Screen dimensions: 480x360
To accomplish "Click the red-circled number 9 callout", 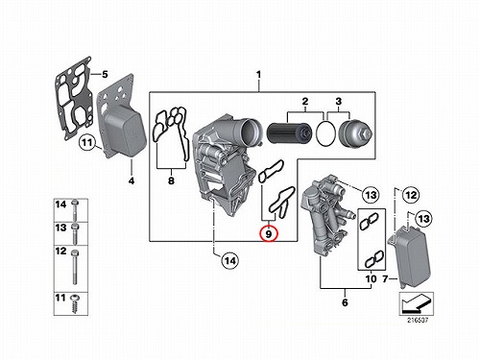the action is pyautogui.click(x=269, y=233).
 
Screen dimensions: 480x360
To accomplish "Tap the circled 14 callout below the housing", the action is pyautogui.click(x=230, y=261).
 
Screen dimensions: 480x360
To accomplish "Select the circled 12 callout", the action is pyautogui.click(x=411, y=195).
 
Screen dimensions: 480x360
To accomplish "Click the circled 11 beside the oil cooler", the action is pyautogui.click(x=87, y=142).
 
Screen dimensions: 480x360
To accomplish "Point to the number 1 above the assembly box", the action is pyautogui.click(x=258, y=75).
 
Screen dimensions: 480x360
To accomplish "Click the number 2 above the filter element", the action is pyautogui.click(x=305, y=102).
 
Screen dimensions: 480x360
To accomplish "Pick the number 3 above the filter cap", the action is pyautogui.click(x=339, y=102).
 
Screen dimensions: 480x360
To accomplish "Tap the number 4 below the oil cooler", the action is pyautogui.click(x=132, y=180).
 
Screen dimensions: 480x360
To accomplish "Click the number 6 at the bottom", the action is pyautogui.click(x=345, y=302).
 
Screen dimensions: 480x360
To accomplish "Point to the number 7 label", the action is pyautogui.click(x=386, y=279).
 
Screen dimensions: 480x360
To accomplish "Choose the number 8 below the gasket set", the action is pyautogui.click(x=171, y=180).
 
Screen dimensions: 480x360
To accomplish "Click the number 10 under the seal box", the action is pyautogui.click(x=372, y=279).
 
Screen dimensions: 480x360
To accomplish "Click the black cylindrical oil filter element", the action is pyautogui.click(x=289, y=133).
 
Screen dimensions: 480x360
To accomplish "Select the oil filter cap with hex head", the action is pyautogui.click(x=355, y=133).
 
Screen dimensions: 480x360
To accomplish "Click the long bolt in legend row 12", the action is pyautogui.click(x=75, y=267).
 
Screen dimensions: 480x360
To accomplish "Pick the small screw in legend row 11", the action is pyautogui.click(x=76, y=303).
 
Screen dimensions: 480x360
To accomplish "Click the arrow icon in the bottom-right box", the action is pyautogui.click(x=416, y=303).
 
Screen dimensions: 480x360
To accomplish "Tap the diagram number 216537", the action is pyautogui.click(x=418, y=320).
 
